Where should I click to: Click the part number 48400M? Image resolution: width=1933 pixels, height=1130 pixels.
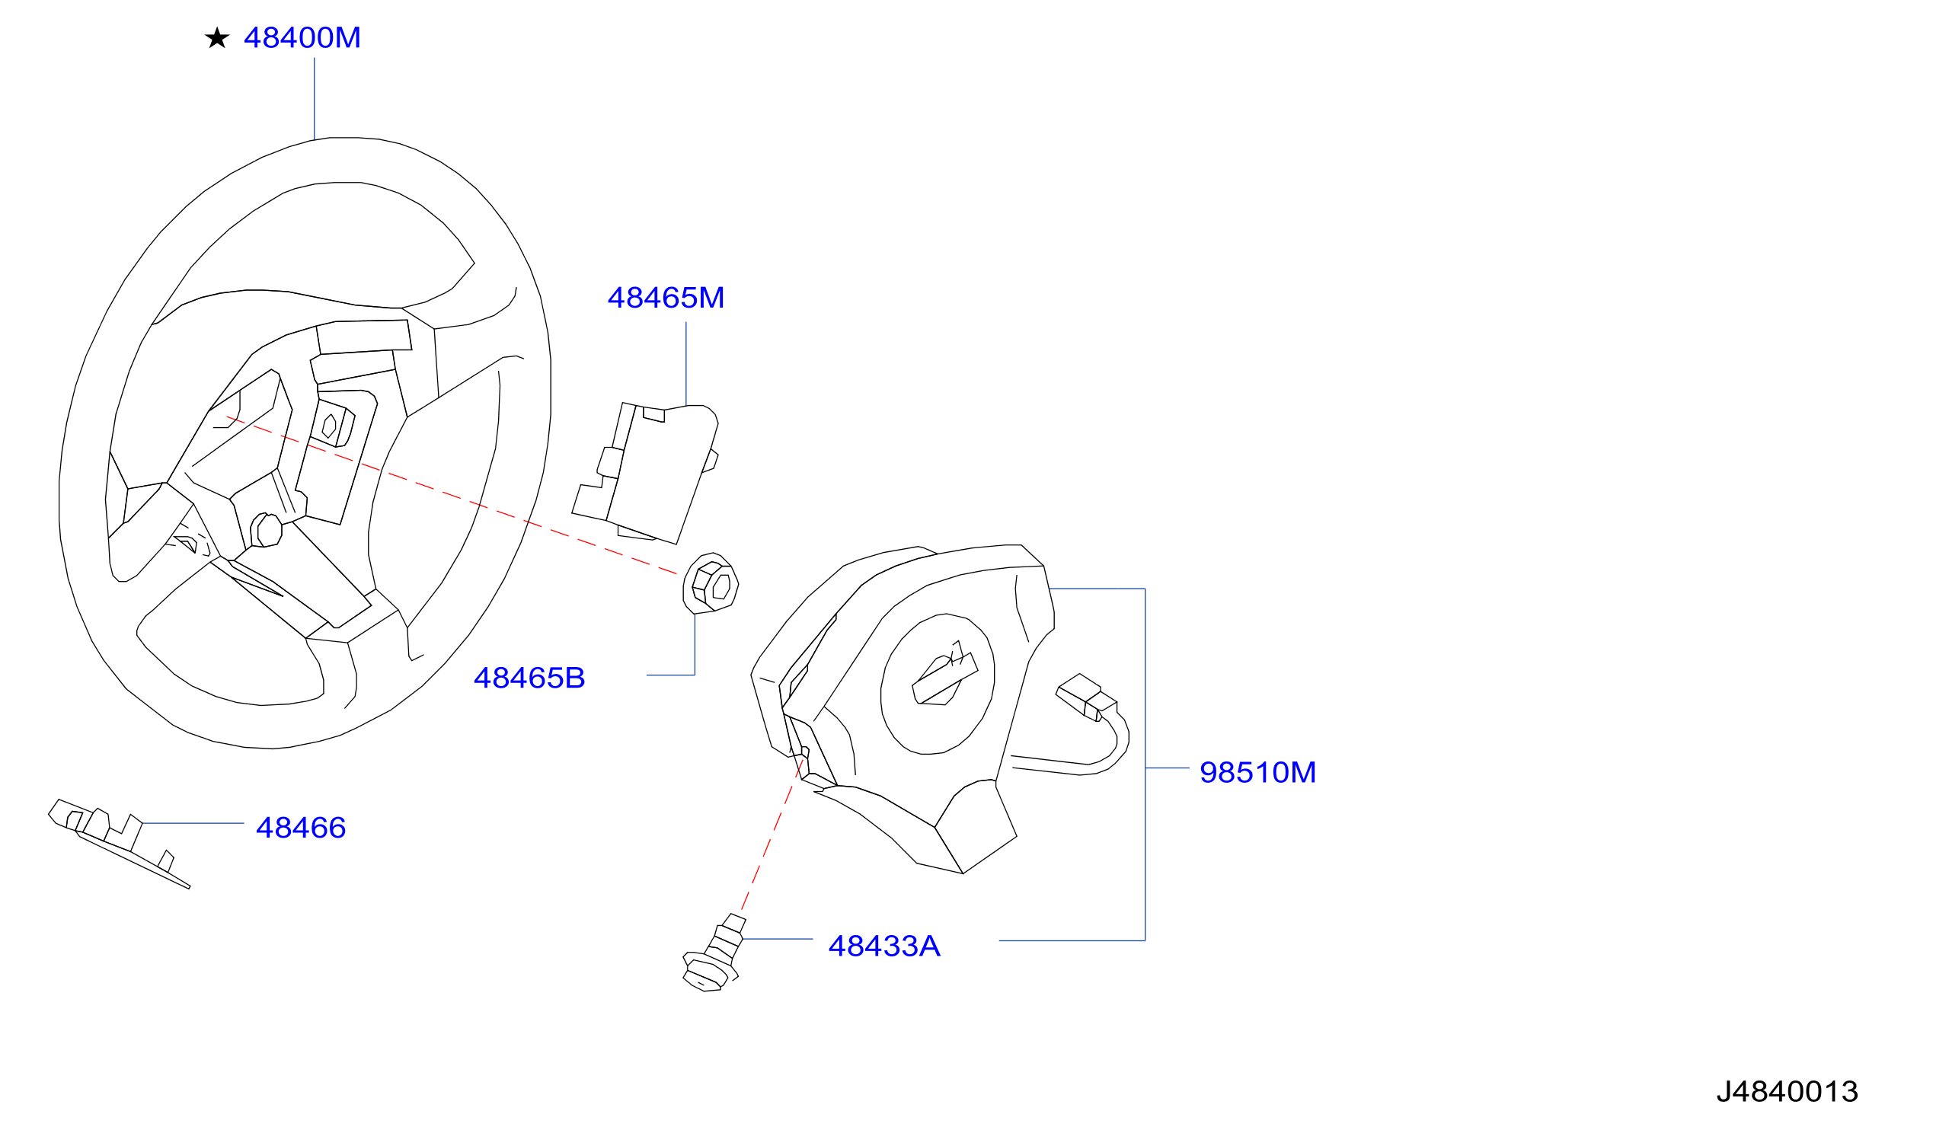(x=302, y=37)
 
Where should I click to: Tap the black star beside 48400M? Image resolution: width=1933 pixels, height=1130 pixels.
(x=217, y=37)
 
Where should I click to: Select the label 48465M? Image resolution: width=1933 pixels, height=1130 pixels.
(x=666, y=298)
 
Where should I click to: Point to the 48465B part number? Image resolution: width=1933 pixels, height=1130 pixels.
(x=529, y=678)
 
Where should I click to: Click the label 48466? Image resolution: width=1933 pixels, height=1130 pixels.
(x=301, y=828)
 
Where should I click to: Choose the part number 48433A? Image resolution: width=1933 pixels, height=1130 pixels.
(x=883, y=946)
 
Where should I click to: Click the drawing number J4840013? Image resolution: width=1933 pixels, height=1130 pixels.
(x=1788, y=1092)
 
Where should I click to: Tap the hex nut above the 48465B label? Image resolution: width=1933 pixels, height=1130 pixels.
(x=711, y=584)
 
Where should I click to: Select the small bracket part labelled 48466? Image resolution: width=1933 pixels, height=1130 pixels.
(x=119, y=842)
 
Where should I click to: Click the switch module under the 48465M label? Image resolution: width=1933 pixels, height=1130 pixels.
(x=645, y=474)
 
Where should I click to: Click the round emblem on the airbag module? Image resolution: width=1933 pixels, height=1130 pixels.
(x=938, y=684)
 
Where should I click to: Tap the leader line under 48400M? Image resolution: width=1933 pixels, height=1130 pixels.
(x=315, y=99)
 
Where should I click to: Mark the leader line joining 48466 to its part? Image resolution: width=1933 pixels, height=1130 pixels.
(x=193, y=823)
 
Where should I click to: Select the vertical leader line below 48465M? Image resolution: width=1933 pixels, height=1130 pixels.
(x=685, y=364)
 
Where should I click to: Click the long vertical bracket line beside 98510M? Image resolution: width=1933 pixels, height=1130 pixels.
(x=1145, y=765)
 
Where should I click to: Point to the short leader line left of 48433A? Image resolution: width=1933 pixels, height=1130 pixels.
(x=777, y=939)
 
